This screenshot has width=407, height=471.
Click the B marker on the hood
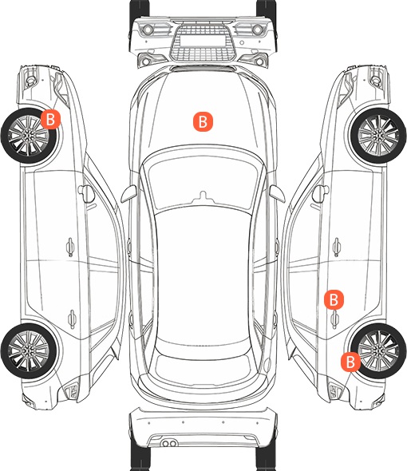pyautogui.click(x=203, y=121)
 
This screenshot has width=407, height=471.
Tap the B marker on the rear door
pyautogui.click(x=334, y=299)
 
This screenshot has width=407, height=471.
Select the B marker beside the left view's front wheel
pyautogui.click(x=50, y=119)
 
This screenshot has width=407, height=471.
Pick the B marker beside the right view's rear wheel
pyautogui.click(x=350, y=362)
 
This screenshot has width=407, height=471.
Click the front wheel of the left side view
pyautogui.click(x=29, y=136)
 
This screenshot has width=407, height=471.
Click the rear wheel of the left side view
pyautogui.click(x=29, y=350)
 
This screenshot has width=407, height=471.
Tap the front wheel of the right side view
pyautogui.click(x=378, y=136)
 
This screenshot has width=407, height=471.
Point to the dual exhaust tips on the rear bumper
pyautogui.click(x=169, y=443)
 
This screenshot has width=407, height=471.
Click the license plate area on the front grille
pyautogui.click(x=203, y=40)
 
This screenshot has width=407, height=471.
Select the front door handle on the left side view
pyautogui.click(x=70, y=247)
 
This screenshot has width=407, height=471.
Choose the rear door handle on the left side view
pyautogui.click(x=72, y=319)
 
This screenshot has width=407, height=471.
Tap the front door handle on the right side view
pyautogui.click(x=337, y=247)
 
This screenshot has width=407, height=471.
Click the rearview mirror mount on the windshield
pyautogui.click(x=203, y=196)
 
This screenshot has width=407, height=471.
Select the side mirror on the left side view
pyautogui.click(x=86, y=194)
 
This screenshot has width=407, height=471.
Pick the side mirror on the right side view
pyautogui.click(x=321, y=194)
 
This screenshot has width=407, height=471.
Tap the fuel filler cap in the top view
pyautogui.click(x=267, y=364)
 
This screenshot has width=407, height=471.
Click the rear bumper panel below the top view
pyautogui.click(x=203, y=427)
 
